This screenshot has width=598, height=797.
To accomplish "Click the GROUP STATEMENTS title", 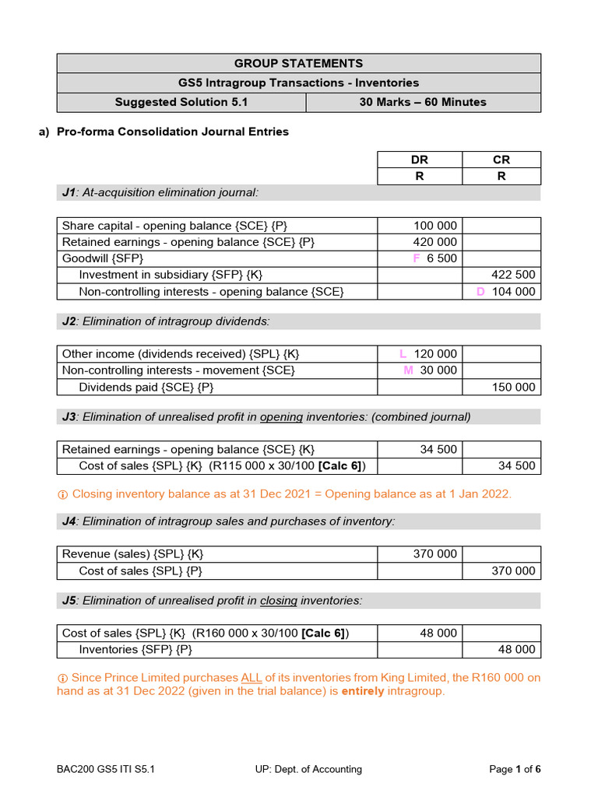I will [298, 64].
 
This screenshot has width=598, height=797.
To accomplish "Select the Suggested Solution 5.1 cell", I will [181, 102].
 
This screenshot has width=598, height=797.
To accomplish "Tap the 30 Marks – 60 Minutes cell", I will [423, 102].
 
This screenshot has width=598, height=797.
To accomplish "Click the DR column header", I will [420, 160].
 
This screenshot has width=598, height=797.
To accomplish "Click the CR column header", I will [501, 160].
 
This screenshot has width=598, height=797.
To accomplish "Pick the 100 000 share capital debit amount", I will [435, 226].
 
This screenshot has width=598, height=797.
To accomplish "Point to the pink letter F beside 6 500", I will [417, 258].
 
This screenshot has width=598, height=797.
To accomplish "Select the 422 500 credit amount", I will [513, 275].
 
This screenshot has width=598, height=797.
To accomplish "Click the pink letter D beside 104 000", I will [480, 291].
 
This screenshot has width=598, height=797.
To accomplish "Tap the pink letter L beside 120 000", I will [403, 354].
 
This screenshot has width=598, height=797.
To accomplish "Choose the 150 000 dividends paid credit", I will [513, 387].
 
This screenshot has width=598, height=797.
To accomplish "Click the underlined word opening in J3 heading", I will [281, 416].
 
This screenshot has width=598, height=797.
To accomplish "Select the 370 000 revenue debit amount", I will [435, 554].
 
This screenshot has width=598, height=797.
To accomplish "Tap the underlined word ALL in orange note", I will [252, 678].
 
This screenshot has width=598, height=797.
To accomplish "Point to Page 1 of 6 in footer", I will [515, 769].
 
